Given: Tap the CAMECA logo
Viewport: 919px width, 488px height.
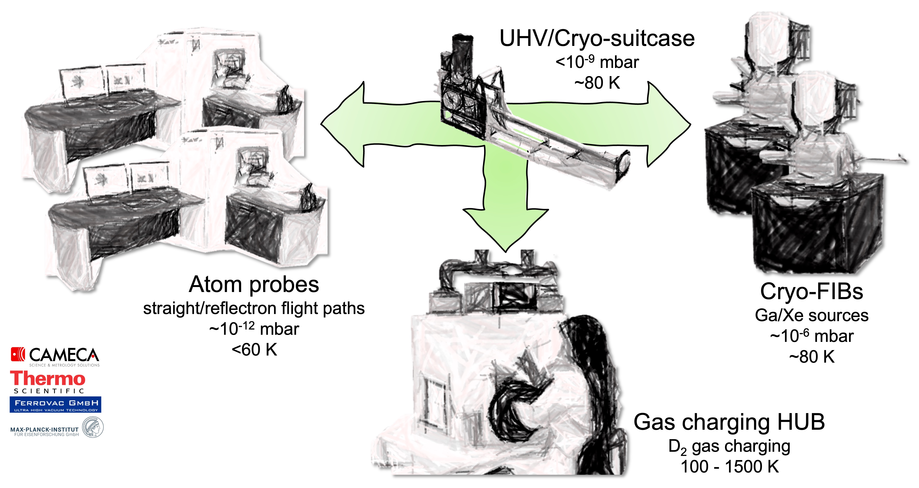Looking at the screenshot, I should [55, 356].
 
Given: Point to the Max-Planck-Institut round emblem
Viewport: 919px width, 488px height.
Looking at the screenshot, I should [93, 427].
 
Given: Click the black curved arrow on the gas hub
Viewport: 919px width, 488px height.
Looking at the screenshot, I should [514, 403].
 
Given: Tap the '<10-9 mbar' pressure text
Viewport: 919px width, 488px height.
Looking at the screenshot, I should [597, 62].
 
